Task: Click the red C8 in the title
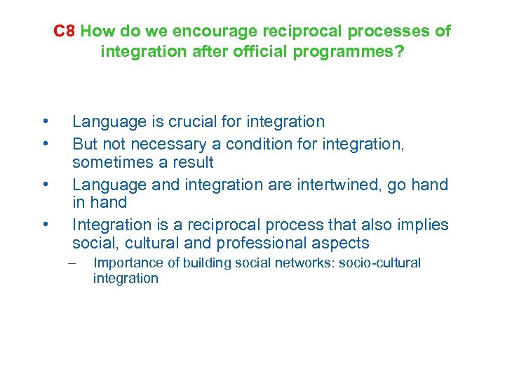pyautogui.click(x=65, y=32)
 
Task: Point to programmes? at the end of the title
pyautogui.click(x=356, y=51)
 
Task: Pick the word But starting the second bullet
pyautogui.click(x=85, y=144)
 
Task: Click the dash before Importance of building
pyautogui.click(x=71, y=263)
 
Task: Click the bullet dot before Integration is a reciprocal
pyautogui.click(x=44, y=225)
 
